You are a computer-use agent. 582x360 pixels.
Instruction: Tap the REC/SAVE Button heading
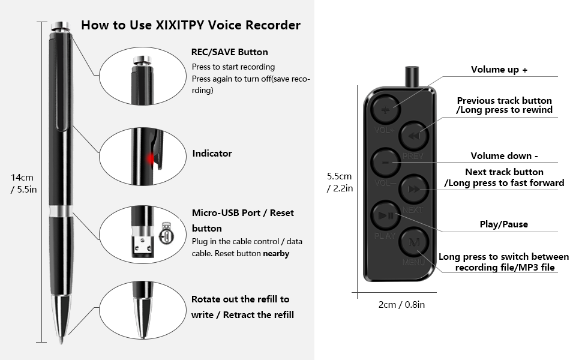point(230,52)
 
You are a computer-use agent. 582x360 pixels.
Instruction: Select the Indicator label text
point(212,154)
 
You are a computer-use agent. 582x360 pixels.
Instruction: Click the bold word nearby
point(276,254)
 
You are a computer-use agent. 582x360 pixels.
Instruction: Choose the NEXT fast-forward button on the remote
point(413,189)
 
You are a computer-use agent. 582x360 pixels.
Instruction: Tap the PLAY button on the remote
point(385,215)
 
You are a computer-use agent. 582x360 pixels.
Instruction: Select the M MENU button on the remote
point(413,242)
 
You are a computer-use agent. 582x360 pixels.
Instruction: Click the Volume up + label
point(499,70)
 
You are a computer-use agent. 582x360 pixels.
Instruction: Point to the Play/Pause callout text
point(503,224)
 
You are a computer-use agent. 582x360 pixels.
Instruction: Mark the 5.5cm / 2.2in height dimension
point(340,182)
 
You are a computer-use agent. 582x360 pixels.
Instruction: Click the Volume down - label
point(504,156)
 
